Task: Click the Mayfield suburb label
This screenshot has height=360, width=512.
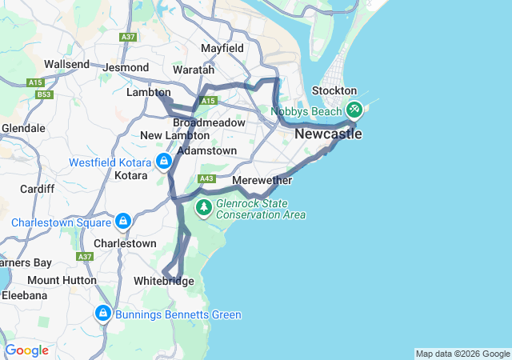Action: coord(222,48)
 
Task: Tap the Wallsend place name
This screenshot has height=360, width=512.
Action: coord(66,64)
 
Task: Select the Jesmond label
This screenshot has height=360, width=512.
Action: coord(126,68)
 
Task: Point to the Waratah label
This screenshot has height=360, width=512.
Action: coord(193,70)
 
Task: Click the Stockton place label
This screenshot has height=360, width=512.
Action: coord(334,91)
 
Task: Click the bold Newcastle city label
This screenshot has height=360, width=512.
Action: coord(328,134)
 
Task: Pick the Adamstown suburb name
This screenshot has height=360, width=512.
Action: coord(207,150)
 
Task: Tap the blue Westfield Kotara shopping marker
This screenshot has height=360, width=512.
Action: coord(164,162)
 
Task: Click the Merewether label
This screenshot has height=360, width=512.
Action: coord(262,181)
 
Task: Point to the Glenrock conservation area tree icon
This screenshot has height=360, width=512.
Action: coord(204,208)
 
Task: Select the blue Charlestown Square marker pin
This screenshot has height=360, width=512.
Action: coord(123,220)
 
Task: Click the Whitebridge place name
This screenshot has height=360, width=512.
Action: coord(164,281)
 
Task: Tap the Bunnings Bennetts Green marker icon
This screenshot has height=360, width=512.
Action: coord(103,314)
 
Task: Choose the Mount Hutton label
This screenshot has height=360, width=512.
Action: coord(62,280)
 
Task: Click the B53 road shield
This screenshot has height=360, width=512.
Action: coord(44,95)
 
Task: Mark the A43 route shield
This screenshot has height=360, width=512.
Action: coord(206,178)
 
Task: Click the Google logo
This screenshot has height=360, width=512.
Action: coord(26,350)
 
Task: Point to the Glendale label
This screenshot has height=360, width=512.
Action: coord(23,128)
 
